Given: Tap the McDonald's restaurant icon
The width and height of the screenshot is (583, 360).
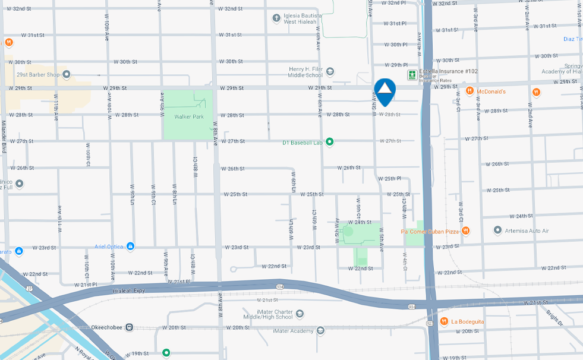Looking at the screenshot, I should [469, 91].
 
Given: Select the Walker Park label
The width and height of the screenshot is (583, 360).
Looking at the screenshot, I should [189, 116].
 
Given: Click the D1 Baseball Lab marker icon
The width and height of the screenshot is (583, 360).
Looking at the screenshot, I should [330, 142].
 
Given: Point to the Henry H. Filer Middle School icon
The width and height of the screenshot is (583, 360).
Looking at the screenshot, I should [330, 72].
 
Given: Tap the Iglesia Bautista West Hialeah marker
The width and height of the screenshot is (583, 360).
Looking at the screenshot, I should [276, 18].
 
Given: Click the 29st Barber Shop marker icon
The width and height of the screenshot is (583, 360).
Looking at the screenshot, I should [67, 75].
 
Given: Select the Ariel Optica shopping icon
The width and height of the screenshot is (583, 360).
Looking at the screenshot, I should [130, 247].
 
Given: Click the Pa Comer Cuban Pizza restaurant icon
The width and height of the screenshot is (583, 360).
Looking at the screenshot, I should [466, 230].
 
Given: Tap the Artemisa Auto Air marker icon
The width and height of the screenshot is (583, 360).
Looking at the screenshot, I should [498, 230].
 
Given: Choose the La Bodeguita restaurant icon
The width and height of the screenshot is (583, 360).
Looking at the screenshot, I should [443, 321].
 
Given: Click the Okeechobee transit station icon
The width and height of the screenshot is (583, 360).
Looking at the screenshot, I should [129, 327].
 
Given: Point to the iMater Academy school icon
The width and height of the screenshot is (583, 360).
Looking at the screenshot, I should [320, 330].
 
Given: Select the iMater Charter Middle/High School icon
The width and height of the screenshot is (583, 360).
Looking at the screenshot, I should [300, 313].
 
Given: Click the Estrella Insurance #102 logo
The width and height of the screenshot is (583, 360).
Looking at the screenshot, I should [411, 74].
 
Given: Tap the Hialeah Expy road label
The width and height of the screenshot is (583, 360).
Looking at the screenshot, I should [129, 291].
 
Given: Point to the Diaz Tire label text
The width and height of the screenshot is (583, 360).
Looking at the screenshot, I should [572, 39].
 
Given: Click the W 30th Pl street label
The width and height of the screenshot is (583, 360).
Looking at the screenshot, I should [395, 45].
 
